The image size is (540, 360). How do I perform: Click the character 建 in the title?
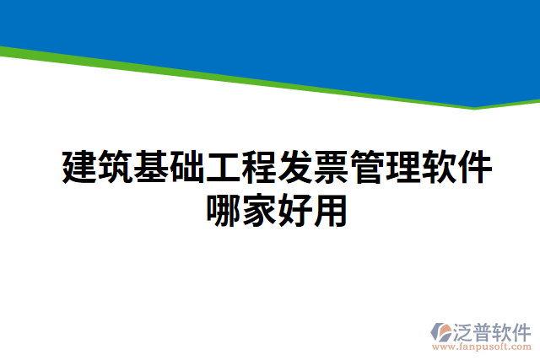[79, 168]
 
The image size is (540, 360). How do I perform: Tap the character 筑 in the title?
[116, 168]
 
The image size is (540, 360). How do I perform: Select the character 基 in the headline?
[152, 168]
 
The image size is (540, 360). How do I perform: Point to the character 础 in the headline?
[188, 168]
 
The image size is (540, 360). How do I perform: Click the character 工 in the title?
[224, 168]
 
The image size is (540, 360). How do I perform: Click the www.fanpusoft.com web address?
[480, 347]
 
